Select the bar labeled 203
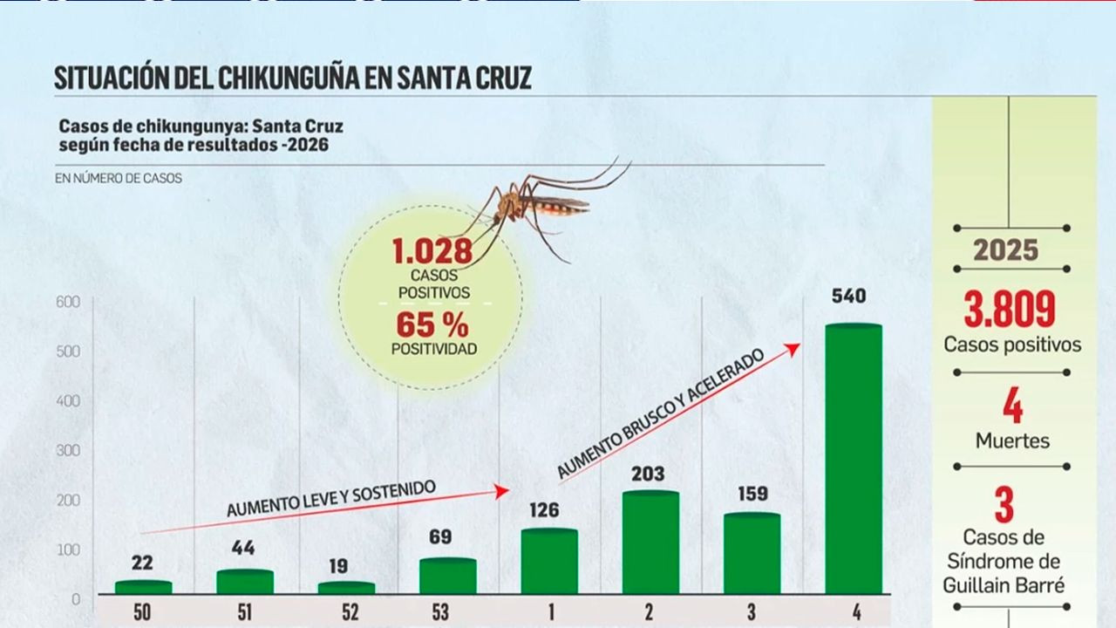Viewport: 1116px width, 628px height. point(650,543)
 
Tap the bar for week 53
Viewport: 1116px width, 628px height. point(447,577)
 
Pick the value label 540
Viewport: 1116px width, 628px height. point(848,297)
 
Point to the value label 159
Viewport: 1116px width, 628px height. point(752,494)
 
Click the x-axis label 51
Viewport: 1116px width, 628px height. point(245,612)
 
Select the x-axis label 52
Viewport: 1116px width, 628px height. point(350,612)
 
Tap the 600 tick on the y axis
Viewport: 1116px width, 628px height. point(69,302)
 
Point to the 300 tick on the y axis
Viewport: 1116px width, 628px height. point(69,451)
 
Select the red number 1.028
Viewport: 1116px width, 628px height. point(432,252)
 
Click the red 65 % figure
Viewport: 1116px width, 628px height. point(432,326)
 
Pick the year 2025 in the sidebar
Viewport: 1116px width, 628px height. point(1006,251)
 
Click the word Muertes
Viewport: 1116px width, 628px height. point(1012,440)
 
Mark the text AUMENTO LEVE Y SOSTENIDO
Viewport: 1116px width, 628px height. point(330,499)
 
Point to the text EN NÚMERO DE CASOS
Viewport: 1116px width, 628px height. point(119,179)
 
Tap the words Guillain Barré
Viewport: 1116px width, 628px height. point(1004,585)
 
